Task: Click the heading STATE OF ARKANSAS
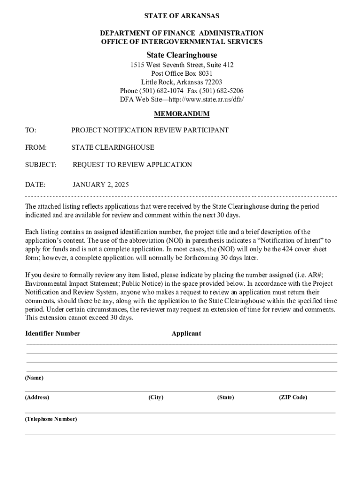click(181, 16)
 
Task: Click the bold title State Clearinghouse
click(182, 55)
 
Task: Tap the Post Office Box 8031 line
click(181, 73)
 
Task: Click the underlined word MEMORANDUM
click(181, 114)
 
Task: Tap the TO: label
click(30, 130)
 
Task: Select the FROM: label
click(36, 147)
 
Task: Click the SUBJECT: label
click(41, 165)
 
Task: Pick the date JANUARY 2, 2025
click(101, 185)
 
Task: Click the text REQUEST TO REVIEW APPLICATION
click(132, 165)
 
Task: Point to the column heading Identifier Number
click(52, 334)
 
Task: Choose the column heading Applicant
click(186, 334)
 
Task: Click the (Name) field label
click(34, 377)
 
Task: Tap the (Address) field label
click(37, 397)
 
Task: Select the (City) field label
click(156, 397)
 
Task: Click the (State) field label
click(225, 397)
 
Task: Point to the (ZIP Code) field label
click(293, 397)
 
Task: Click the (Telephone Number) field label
click(51, 419)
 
